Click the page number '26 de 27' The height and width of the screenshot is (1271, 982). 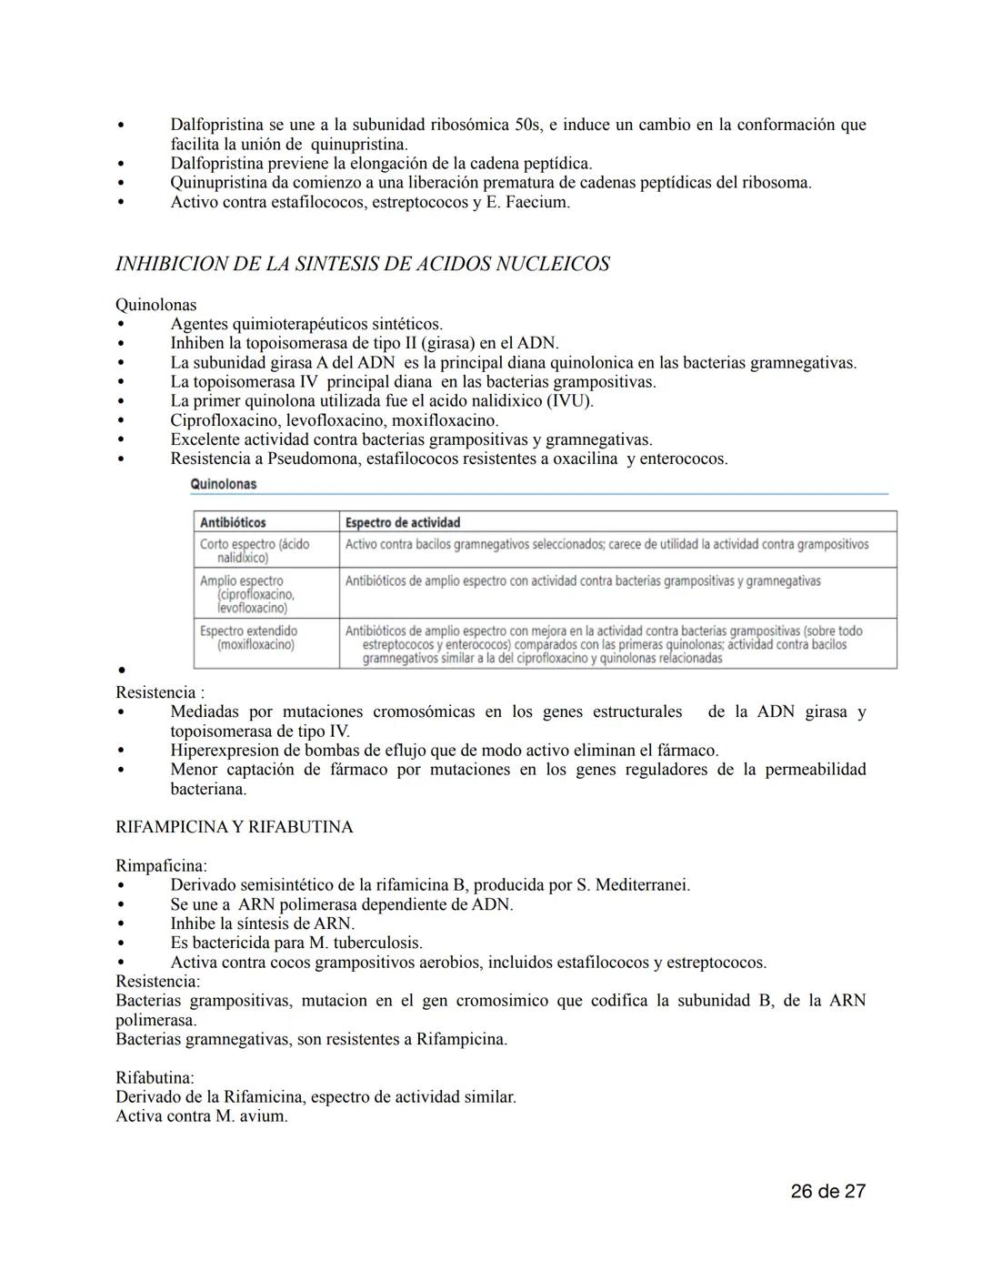point(827,1191)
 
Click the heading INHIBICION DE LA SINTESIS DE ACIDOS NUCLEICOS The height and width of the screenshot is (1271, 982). point(362,264)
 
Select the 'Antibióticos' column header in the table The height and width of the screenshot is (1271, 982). point(233,522)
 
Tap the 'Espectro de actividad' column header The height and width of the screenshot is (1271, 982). point(402,522)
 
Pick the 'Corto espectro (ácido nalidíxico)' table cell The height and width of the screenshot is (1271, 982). point(255,550)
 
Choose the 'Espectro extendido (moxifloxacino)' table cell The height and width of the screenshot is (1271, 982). point(248,638)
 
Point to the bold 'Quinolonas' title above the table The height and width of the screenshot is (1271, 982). point(224,484)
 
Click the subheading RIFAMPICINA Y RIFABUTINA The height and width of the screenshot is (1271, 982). point(234,827)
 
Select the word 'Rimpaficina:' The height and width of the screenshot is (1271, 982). point(161,865)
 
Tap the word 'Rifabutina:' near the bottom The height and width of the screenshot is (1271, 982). point(155,1077)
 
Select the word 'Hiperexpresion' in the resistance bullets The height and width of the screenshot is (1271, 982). point(226,751)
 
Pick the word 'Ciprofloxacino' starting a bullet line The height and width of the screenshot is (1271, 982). point(224,420)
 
